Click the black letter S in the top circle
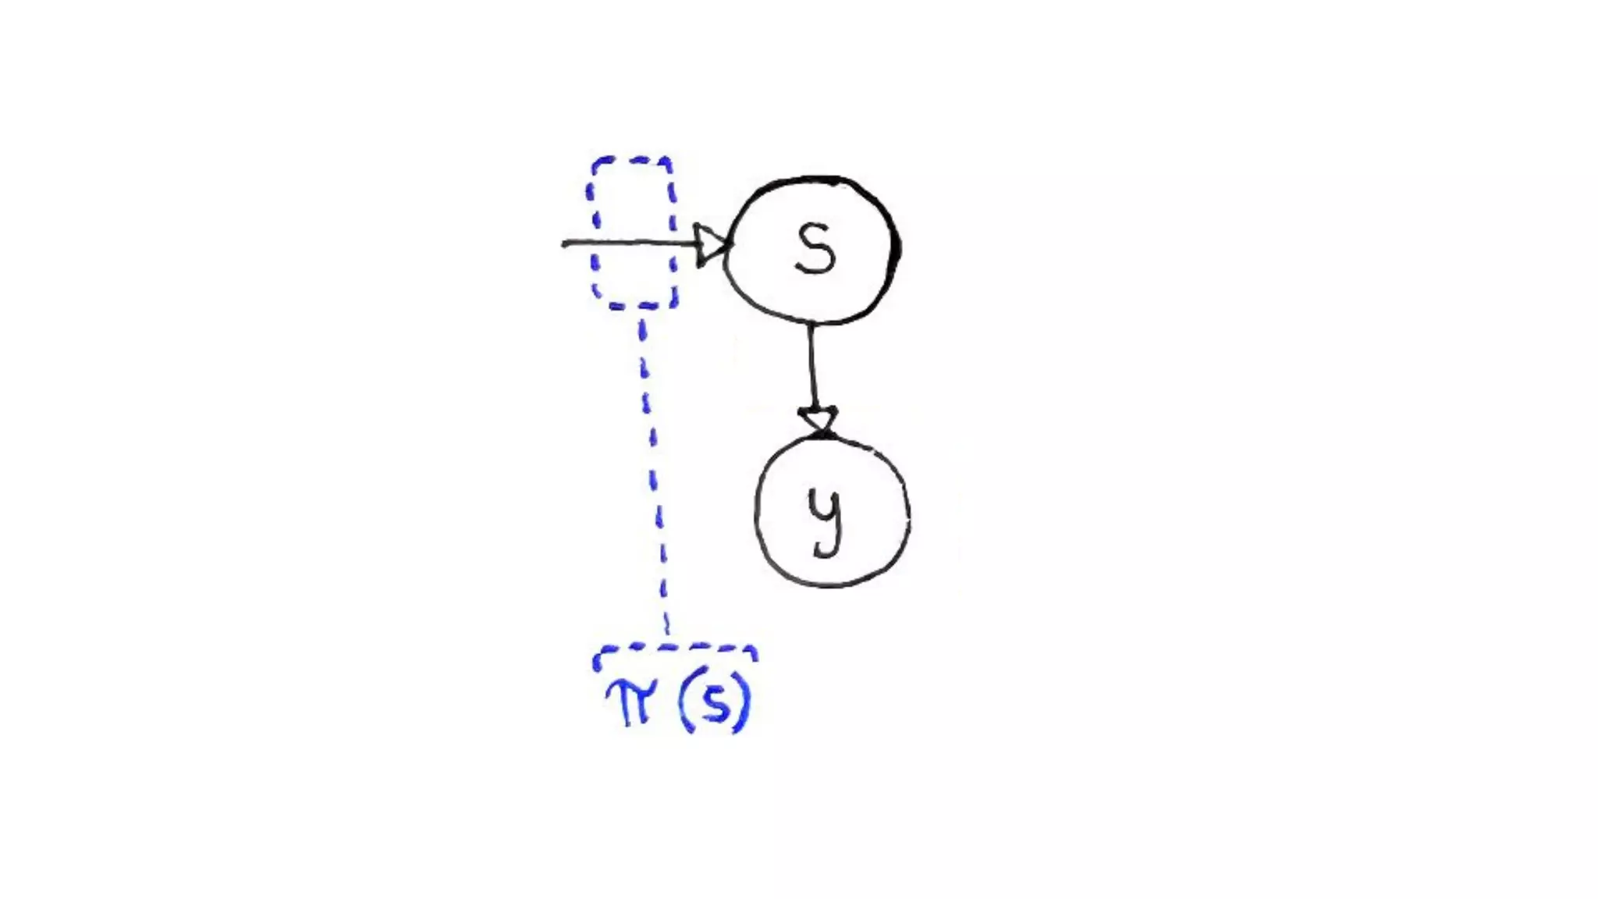point(815,248)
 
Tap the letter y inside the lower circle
point(826,518)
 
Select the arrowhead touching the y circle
point(818,420)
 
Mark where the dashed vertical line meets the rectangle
point(641,307)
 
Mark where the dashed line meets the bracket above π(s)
point(667,646)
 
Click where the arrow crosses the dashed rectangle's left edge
point(594,243)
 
